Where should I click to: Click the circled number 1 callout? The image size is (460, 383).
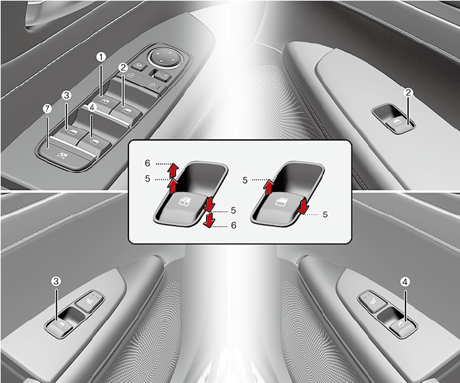[x=101, y=57]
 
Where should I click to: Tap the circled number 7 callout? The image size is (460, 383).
[x=47, y=109]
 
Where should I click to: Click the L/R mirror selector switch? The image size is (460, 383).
[x=160, y=76]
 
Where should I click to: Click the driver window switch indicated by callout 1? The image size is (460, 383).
[x=106, y=103]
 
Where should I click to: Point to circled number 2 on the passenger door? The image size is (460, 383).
[x=408, y=93]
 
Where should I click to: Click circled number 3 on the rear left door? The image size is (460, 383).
[x=56, y=281]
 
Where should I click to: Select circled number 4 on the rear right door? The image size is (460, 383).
[x=405, y=282]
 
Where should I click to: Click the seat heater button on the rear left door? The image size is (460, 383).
[x=89, y=301]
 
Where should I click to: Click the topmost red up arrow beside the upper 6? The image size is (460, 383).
[x=173, y=171]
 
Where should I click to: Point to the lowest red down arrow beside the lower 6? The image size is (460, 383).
[x=209, y=221]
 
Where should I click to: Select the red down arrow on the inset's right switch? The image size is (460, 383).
[x=303, y=206]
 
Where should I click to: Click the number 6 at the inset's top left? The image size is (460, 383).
[x=147, y=163]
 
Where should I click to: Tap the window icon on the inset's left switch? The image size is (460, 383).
[x=184, y=201]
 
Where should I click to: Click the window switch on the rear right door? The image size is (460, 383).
[x=401, y=326]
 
